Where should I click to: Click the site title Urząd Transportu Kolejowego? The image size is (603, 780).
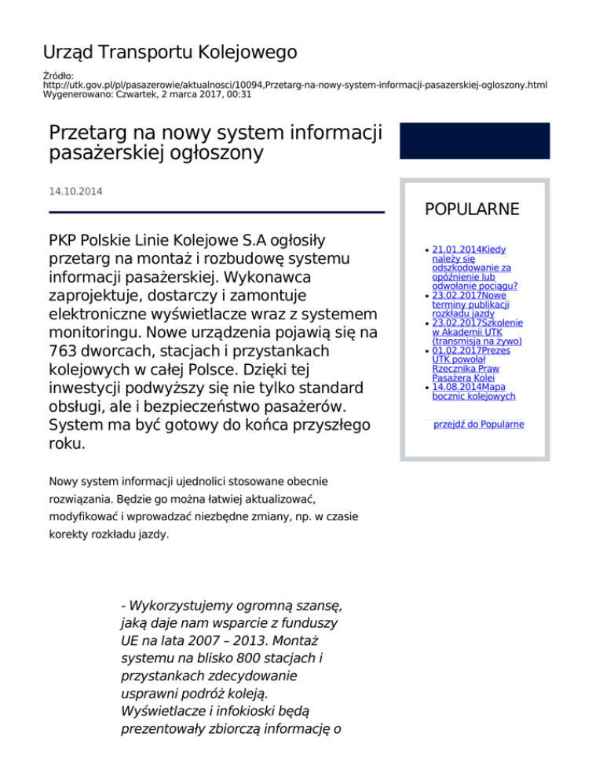point(170,53)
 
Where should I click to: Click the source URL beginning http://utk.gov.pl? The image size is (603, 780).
point(294,84)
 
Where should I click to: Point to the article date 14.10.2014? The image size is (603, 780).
point(75,191)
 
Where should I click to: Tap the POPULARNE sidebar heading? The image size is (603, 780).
point(471,210)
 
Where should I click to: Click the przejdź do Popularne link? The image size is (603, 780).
point(478,425)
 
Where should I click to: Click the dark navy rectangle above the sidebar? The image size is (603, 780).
point(474,140)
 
